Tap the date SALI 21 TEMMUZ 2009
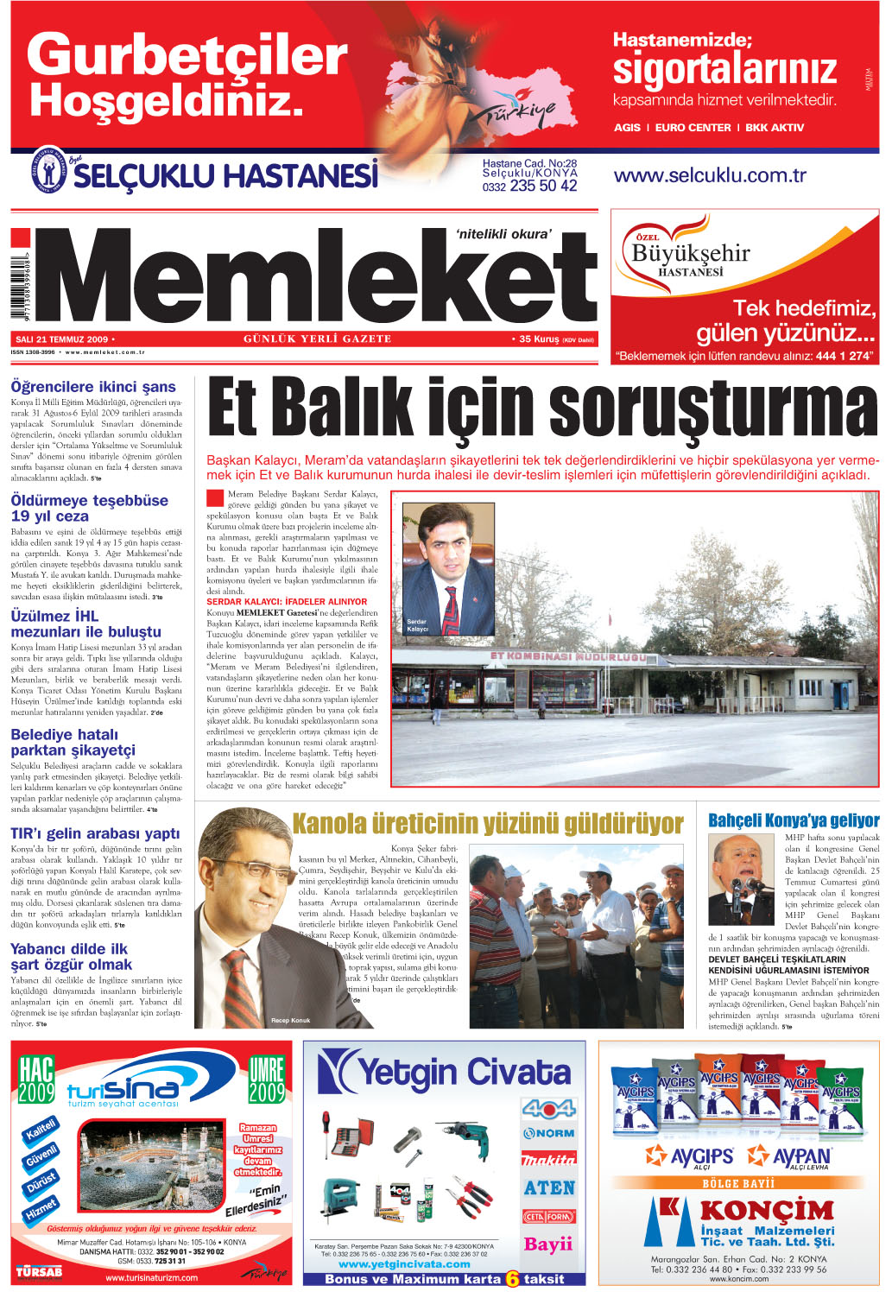tap(61, 339)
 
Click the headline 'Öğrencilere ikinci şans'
tap(93, 387)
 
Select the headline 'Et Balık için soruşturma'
tap(542, 409)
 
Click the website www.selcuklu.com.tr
tap(709, 175)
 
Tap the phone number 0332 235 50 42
tap(529, 186)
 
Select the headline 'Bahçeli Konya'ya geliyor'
tap(793, 820)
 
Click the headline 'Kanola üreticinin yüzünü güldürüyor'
tap(487, 824)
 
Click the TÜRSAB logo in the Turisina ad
tap(38, 1271)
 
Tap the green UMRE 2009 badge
tap(266, 1080)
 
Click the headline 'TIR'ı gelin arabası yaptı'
tap(95, 833)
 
